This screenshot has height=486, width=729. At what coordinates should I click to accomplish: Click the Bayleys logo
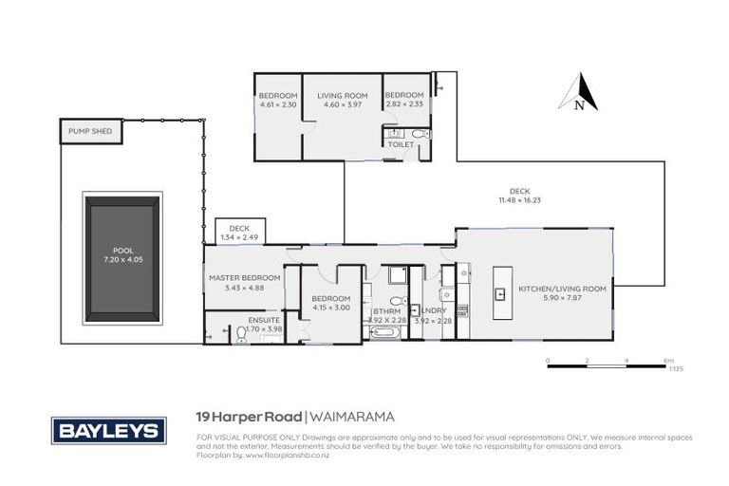tap(107, 430)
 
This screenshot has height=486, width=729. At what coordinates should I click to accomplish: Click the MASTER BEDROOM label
tap(245, 277)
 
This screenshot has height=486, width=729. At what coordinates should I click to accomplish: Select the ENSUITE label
tap(264, 320)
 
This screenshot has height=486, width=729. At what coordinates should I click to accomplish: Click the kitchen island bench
tap(499, 293)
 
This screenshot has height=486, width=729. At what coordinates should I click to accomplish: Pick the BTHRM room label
tap(386, 310)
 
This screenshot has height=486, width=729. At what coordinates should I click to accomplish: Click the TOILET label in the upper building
tap(401, 144)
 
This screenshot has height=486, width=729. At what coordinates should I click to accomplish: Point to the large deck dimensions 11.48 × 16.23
tap(519, 200)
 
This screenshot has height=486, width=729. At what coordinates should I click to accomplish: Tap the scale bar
tap(607, 365)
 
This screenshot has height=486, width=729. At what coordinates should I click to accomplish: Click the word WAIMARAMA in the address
tap(352, 416)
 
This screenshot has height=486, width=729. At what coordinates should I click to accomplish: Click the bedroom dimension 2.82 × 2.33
tap(402, 105)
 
